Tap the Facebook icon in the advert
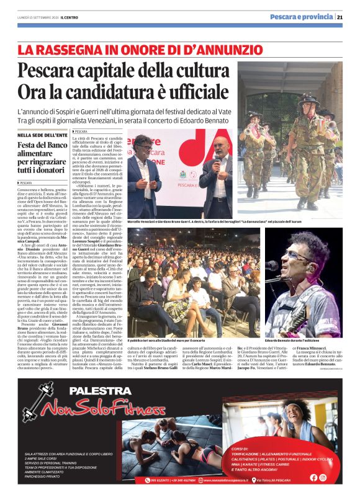(313, 477)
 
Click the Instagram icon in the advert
(323, 477)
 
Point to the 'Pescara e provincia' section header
(301, 17)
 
